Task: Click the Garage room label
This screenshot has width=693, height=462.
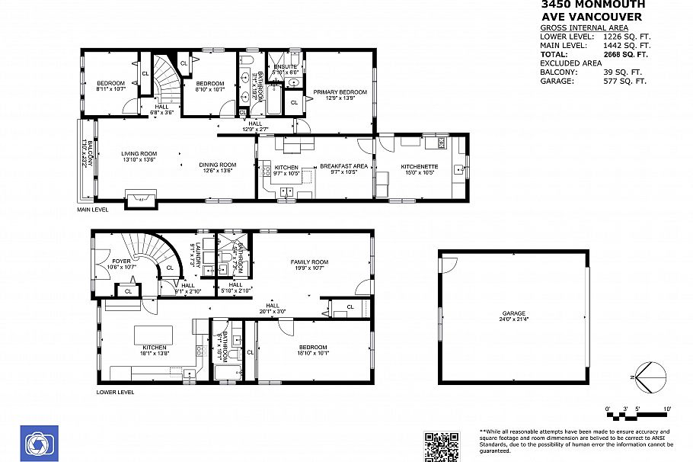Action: pyautogui.click(x=513, y=313)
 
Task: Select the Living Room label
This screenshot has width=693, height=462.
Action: pyautogui.click(x=139, y=154)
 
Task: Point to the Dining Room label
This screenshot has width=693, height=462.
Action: pyautogui.click(x=218, y=165)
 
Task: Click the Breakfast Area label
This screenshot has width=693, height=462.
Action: pyautogui.click(x=343, y=166)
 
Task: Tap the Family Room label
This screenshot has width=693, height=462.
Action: pyautogui.click(x=308, y=262)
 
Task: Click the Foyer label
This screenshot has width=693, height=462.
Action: pyautogui.click(x=121, y=261)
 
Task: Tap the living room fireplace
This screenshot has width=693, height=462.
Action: pyautogui.click(x=141, y=197)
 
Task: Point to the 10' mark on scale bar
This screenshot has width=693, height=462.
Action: pyautogui.click(x=667, y=409)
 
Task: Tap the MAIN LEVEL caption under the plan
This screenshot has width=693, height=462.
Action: pyautogui.click(x=93, y=210)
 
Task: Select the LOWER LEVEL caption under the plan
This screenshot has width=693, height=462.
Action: pyautogui.click(x=115, y=392)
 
